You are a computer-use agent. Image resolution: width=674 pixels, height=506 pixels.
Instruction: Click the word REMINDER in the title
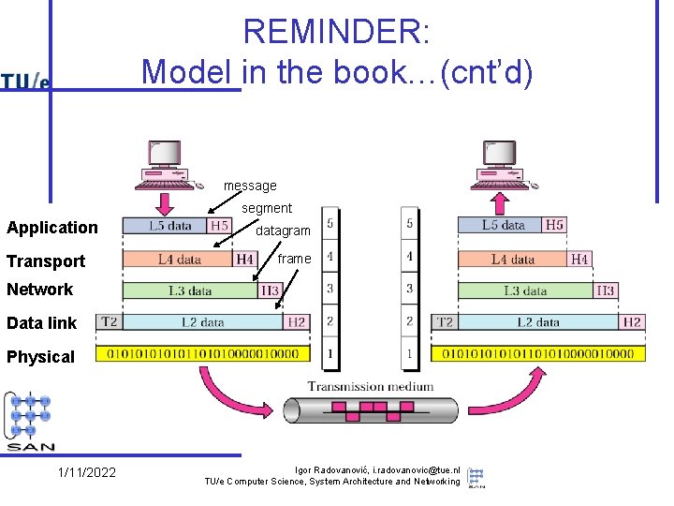click(336, 32)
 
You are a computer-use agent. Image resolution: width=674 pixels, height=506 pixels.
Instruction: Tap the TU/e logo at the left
click(25, 82)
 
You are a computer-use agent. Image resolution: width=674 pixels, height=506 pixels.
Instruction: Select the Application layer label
click(52, 228)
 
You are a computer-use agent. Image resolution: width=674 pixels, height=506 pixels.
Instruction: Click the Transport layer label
click(46, 261)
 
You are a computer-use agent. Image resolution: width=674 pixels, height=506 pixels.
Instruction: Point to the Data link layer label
click(42, 323)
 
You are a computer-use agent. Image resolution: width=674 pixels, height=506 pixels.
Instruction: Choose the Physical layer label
click(40, 357)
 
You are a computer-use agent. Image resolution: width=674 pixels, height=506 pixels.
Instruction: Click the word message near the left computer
click(250, 186)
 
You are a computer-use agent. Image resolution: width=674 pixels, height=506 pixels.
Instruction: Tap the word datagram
click(283, 231)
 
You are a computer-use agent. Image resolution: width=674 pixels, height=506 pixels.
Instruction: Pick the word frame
click(294, 259)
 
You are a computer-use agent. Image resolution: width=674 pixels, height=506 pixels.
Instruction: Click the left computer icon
click(163, 166)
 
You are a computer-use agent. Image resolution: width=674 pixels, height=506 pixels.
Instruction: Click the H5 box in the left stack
click(219, 225)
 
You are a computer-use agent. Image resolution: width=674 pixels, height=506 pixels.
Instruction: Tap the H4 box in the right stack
click(579, 259)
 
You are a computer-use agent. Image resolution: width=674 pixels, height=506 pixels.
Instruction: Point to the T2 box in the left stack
click(110, 321)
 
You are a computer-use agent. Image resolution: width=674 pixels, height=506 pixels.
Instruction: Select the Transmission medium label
click(371, 386)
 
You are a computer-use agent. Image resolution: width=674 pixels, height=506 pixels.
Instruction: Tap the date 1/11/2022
click(86, 472)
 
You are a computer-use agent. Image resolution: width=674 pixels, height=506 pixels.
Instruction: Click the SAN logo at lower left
click(30, 421)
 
